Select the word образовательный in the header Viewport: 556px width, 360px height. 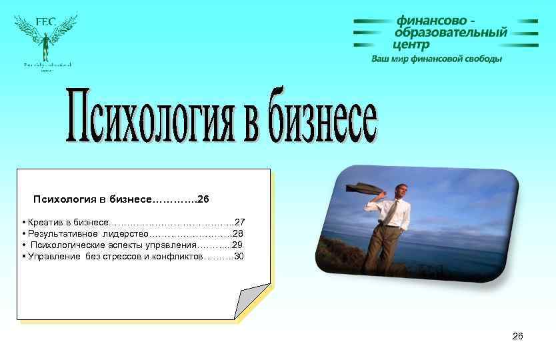(x=451, y=33)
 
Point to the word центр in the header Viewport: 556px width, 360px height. (x=411, y=45)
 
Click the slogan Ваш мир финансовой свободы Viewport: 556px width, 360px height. (x=437, y=59)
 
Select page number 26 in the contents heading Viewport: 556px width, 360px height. (x=204, y=199)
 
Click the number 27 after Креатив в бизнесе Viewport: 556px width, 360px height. (x=240, y=221)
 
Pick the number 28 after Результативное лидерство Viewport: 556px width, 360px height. (x=238, y=233)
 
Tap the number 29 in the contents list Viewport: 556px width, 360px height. (x=237, y=245)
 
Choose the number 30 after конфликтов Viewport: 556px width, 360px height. (x=239, y=256)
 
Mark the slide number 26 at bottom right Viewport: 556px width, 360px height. (x=517, y=336)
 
